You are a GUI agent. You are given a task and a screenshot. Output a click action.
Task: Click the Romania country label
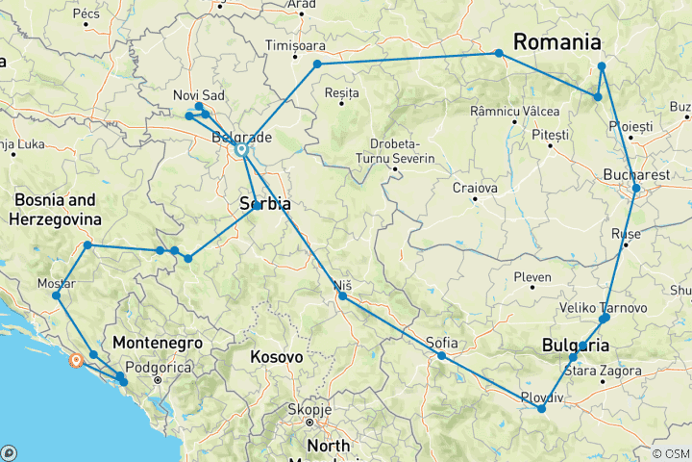tap(557, 42)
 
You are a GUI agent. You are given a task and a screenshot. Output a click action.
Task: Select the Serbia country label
tap(264, 204)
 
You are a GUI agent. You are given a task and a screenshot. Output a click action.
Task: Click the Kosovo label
tap(276, 357)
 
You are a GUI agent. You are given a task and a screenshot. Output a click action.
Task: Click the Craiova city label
tap(476, 188)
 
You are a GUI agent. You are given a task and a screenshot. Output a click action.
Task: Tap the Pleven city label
tap(532, 277)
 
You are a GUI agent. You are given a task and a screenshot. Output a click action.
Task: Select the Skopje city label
tap(309, 409)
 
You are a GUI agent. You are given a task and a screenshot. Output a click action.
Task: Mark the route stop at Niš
tap(342, 296)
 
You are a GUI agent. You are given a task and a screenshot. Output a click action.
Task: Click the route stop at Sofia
tap(441, 356)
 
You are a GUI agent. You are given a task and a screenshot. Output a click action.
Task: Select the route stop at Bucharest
tap(635, 189)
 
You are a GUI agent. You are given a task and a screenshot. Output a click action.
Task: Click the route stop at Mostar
tap(56, 295)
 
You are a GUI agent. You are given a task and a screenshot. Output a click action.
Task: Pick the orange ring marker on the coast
tap(76, 361)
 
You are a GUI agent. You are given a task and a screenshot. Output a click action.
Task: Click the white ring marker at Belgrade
tap(241, 150)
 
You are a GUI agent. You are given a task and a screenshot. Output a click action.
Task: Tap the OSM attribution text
tap(670, 453)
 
